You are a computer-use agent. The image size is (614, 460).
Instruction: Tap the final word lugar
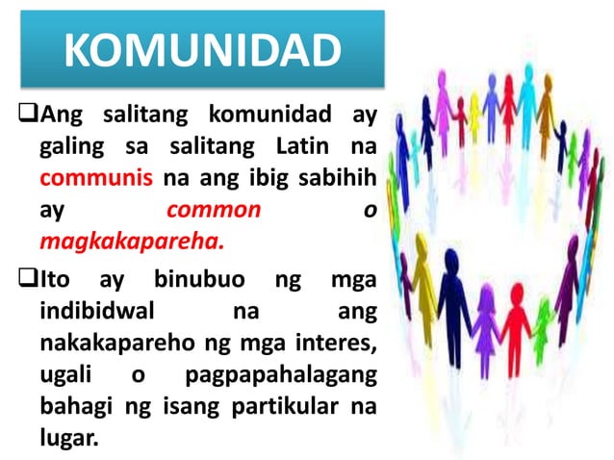[68, 434]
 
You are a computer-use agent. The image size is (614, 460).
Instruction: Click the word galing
[70, 149]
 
